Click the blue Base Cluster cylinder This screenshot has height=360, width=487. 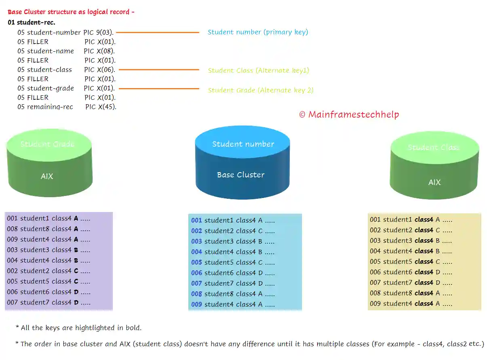242,170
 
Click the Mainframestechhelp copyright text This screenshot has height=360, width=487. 349,114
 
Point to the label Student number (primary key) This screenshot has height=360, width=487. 257,32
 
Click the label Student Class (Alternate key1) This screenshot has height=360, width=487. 258,70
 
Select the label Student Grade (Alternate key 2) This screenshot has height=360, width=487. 260,90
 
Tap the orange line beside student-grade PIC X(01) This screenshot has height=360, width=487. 159,88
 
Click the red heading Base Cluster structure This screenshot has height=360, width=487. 71,12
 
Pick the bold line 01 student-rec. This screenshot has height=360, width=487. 32,22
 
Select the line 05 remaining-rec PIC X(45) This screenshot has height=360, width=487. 67,107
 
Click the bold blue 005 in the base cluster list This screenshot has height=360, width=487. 196,262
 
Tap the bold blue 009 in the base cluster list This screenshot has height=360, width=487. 196,304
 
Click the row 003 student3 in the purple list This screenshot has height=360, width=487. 48,250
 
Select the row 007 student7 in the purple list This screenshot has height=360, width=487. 48,302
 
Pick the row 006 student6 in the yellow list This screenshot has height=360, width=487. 411,272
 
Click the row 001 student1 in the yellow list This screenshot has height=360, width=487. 411,219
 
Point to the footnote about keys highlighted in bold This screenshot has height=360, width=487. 78,328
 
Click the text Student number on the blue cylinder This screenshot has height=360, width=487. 243,144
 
